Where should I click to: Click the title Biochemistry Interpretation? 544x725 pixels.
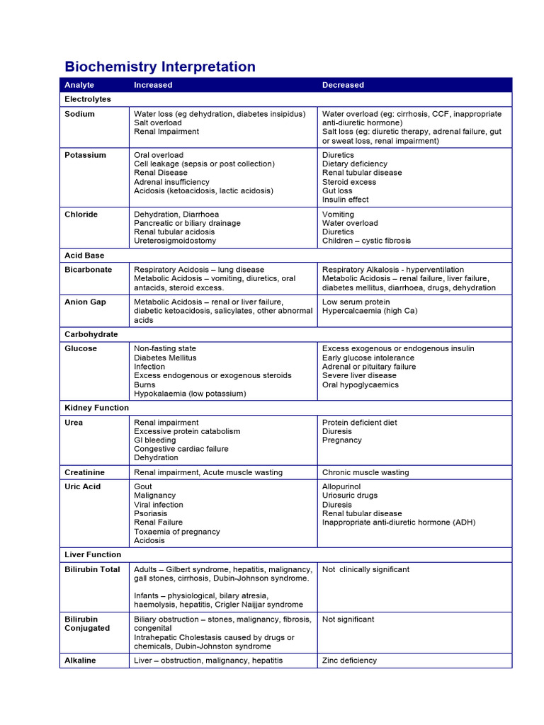160,67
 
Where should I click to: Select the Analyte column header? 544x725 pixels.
79,85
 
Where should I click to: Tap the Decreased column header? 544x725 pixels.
343,85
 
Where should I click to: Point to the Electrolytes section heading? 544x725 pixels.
88,99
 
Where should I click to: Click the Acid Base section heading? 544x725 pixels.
84,255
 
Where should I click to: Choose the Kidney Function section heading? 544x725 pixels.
96,408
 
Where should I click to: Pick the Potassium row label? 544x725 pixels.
85,155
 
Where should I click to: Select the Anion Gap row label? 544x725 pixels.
85,302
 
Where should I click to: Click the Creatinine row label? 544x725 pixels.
84,472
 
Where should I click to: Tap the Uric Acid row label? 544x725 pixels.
83,487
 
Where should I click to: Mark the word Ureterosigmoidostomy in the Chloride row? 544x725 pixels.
175,241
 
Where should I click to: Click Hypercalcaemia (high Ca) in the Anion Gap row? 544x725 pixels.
366,311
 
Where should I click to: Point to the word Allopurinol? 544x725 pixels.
341,487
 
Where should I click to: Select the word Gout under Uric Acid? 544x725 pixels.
143,487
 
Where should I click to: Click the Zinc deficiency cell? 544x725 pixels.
349,661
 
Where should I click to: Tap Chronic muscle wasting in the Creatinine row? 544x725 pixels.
365,472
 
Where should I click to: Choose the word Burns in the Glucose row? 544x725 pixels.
145,385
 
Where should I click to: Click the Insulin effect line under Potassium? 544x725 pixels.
346,200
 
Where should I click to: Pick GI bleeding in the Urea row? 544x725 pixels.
155,440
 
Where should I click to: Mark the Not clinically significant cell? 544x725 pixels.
365,569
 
